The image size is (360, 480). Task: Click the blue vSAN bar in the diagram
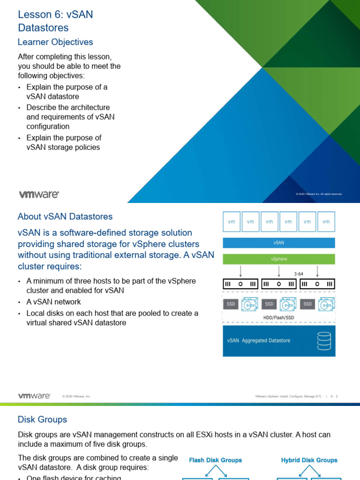click(x=278, y=243)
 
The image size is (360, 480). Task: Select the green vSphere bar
click(x=278, y=259)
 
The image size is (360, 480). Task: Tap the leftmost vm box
click(x=231, y=222)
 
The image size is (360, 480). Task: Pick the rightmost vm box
click(x=326, y=222)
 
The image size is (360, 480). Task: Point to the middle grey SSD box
click(x=269, y=304)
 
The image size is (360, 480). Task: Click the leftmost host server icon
click(x=240, y=284)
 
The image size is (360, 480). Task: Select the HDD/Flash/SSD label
click(x=278, y=317)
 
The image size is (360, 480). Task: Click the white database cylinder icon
click(x=323, y=341)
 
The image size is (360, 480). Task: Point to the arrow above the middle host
click(x=279, y=271)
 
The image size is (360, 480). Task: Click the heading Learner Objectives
click(x=55, y=42)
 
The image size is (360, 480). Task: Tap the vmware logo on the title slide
click(x=39, y=194)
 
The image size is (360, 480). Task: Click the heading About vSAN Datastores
click(x=65, y=217)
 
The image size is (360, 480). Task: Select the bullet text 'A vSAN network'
click(x=53, y=302)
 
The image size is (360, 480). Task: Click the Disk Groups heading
click(x=42, y=420)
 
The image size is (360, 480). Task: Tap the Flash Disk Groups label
click(x=215, y=460)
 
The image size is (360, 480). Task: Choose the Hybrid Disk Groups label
click(x=309, y=460)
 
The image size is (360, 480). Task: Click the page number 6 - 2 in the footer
click(x=334, y=397)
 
